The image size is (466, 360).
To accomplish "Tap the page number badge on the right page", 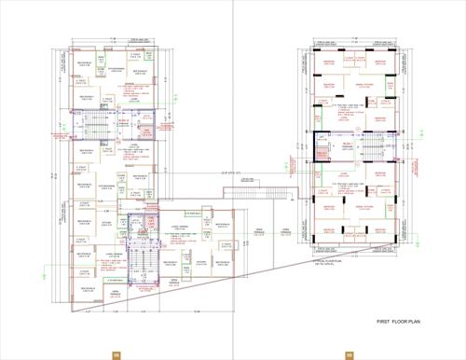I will pyautogui.click(x=349, y=353).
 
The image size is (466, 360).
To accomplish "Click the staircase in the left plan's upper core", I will pyautogui.click(x=96, y=122).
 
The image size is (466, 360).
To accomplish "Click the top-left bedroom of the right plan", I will pyautogui.click(x=328, y=63).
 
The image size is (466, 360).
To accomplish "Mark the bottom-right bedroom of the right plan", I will pyautogui.click(x=380, y=229).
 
